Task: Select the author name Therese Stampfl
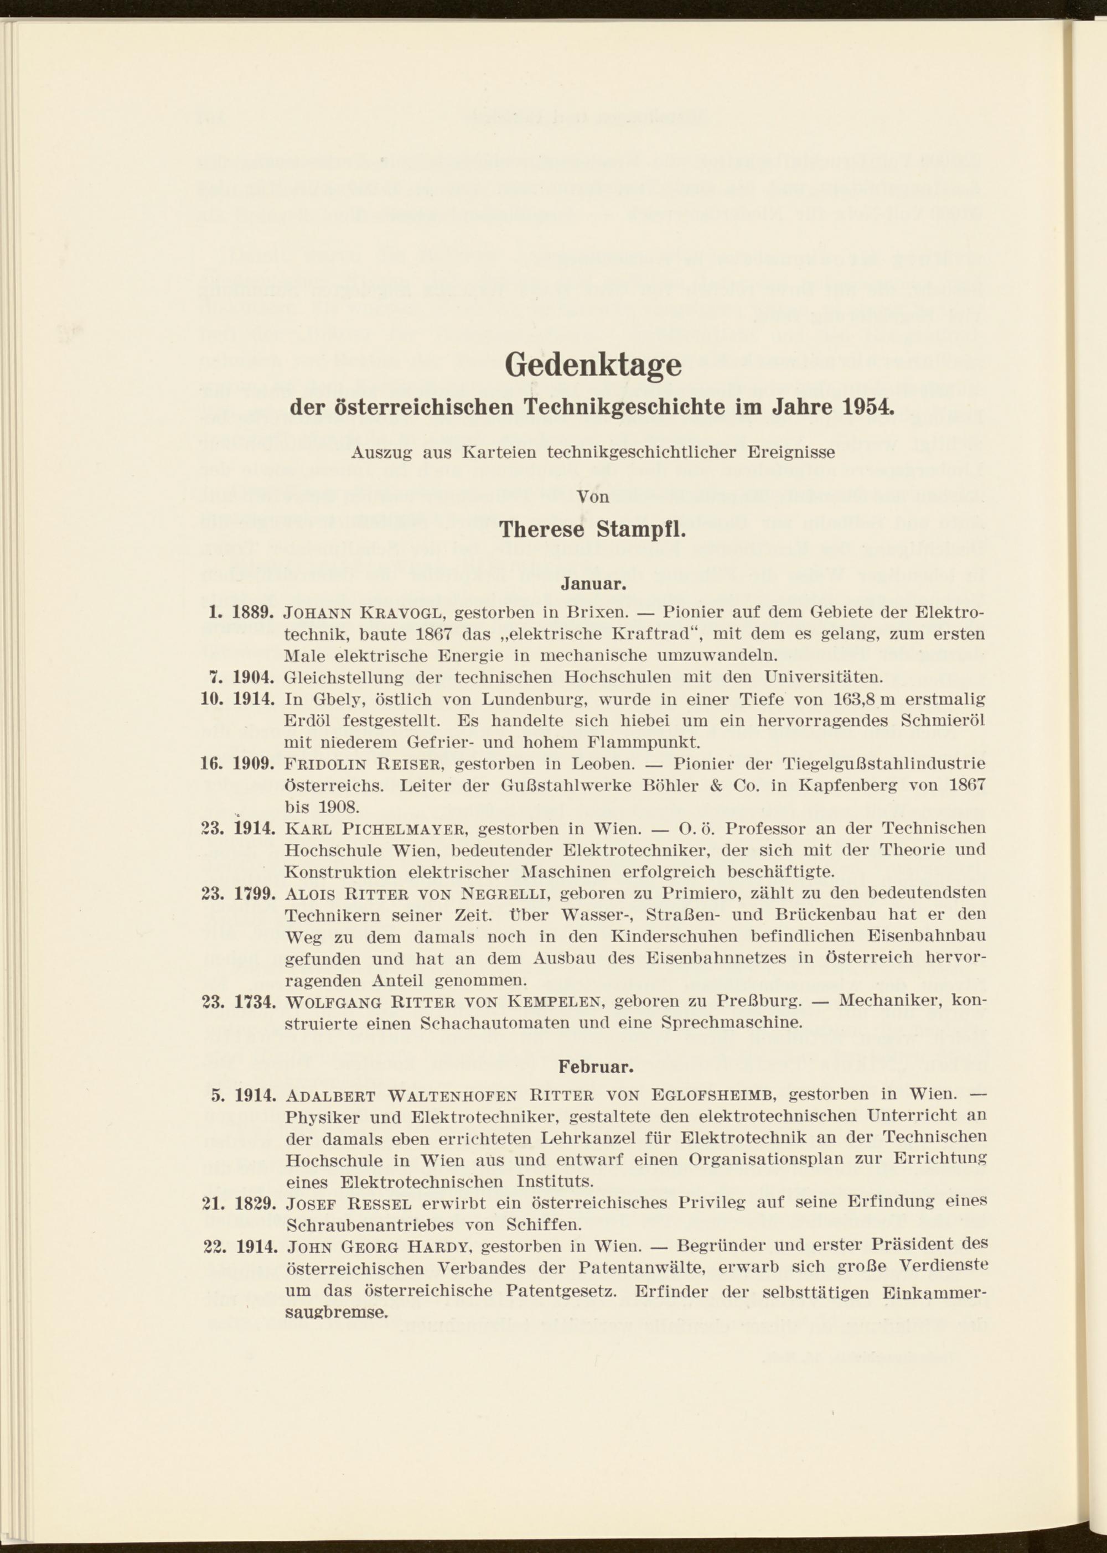point(592,529)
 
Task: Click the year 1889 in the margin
point(254,612)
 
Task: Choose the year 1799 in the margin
point(254,894)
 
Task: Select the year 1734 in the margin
point(254,1003)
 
